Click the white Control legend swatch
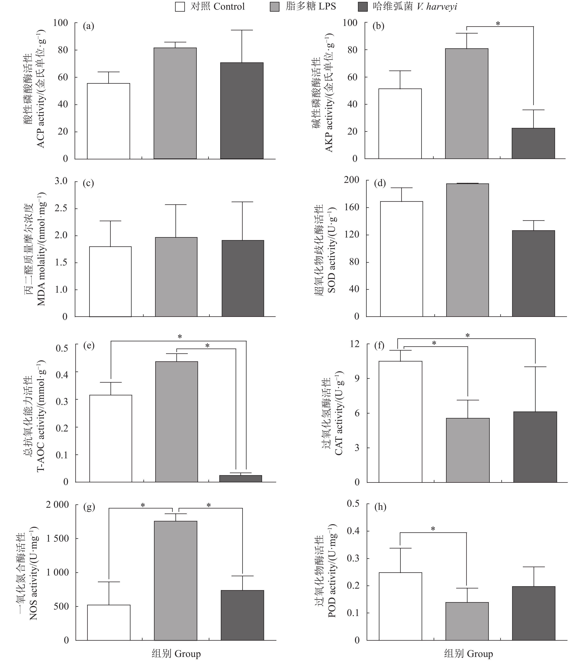click(x=180, y=6)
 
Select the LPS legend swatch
click(x=274, y=6)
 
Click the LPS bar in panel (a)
click(x=175, y=103)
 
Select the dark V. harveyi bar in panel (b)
click(x=533, y=144)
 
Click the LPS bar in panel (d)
click(x=467, y=250)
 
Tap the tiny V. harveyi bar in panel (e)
click(x=241, y=479)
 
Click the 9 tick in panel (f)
click(x=357, y=378)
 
